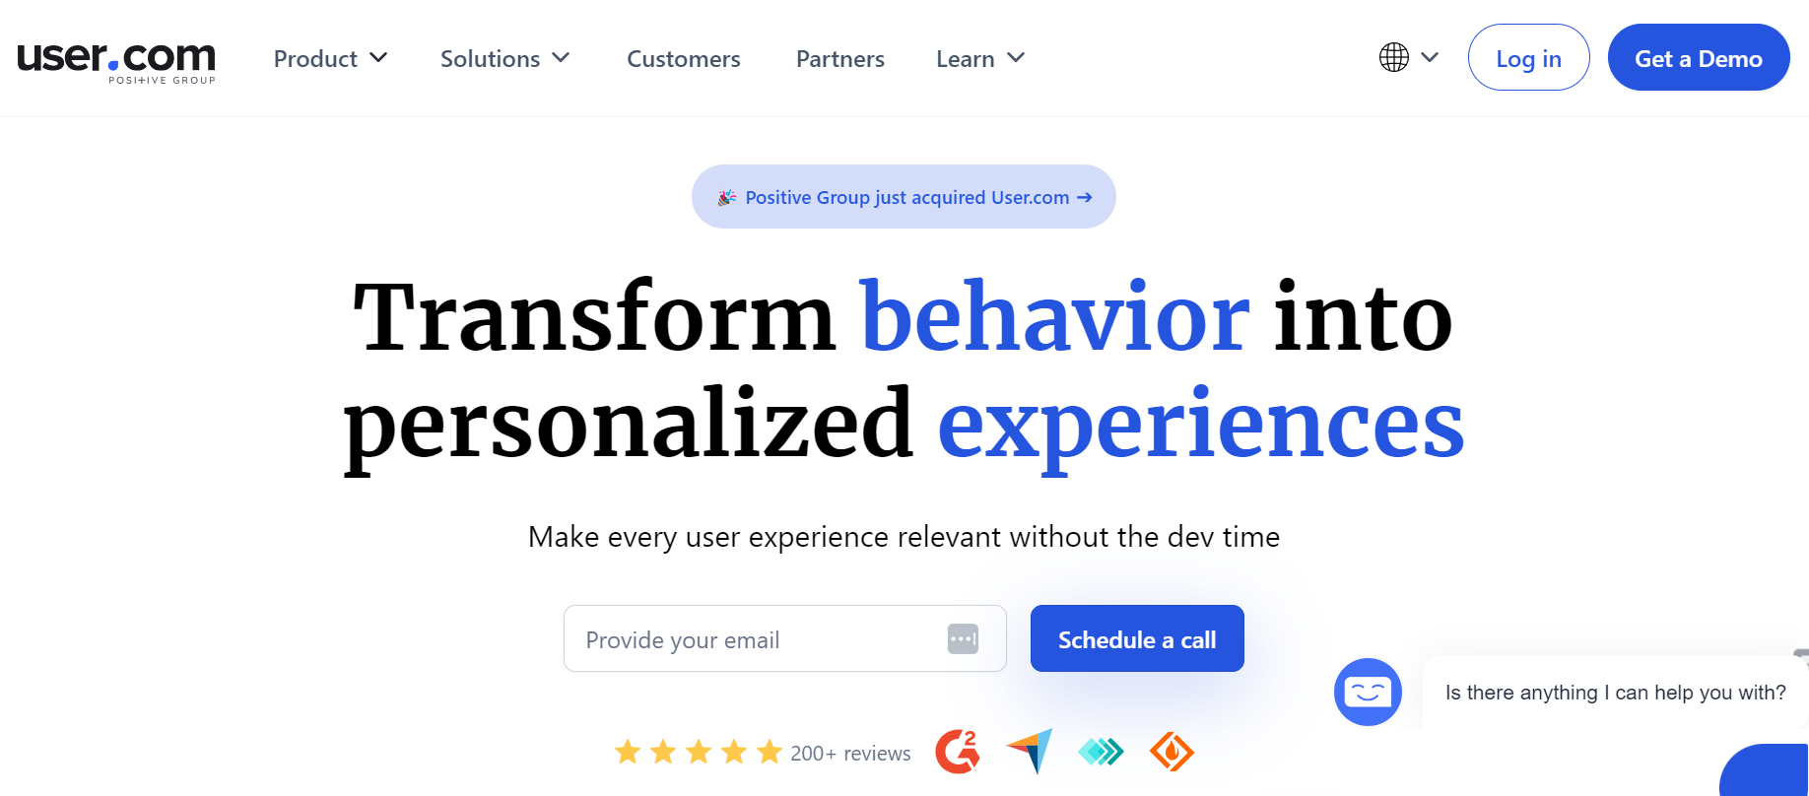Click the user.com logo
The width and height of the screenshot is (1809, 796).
[x=116, y=60]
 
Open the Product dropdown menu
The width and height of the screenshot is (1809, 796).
[x=330, y=59]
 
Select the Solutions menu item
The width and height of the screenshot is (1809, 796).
[x=504, y=59]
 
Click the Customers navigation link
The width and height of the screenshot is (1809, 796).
[x=683, y=59]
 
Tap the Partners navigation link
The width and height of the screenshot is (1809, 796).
[x=839, y=59]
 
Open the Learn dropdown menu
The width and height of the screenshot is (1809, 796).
[x=979, y=59]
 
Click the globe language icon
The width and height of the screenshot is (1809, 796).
[x=1394, y=57]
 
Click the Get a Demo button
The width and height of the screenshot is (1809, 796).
[x=1698, y=58]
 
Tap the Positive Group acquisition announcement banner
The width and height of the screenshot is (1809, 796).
[x=904, y=197]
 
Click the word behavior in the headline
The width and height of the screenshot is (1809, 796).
[x=1055, y=317]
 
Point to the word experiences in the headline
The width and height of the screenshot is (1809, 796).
[x=1200, y=425]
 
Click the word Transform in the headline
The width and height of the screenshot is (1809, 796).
[x=594, y=317]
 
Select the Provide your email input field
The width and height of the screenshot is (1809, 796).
[x=749, y=639]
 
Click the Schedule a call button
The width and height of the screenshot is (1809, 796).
[x=1136, y=639]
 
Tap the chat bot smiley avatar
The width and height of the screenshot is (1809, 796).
[x=1368, y=692]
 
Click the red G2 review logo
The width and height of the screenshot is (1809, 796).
[x=957, y=753]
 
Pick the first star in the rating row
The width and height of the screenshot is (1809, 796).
[x=628, y=753]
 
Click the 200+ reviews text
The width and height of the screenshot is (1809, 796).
[x=850, y=754]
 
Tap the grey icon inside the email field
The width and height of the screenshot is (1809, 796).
[x=963, y=639]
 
